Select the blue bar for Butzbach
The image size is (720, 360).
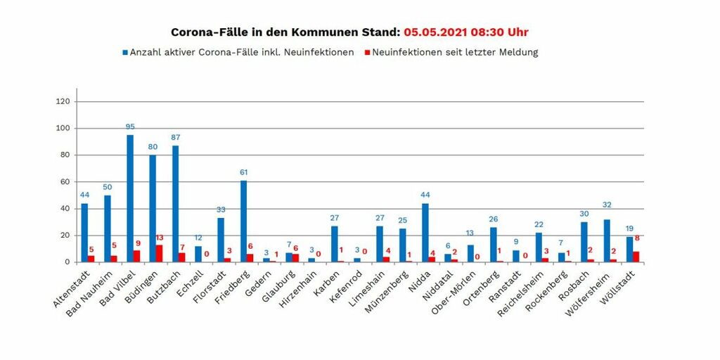point(175,204)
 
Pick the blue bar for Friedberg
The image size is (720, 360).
point(243,221)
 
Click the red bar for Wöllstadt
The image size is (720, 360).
point(637,257)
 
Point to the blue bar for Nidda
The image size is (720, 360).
point(425,233)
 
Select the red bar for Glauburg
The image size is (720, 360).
point(296,258)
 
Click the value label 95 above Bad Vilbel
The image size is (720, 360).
point(130,127)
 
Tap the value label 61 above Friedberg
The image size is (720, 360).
point(243,172)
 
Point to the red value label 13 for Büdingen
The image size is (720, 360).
point(160,238)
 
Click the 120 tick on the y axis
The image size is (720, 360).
point(63,102)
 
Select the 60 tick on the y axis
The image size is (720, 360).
point(65,182)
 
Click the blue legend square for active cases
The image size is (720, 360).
point(125,53)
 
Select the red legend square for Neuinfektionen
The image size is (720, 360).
point(367,53)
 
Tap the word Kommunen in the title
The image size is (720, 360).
point(331,32)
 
